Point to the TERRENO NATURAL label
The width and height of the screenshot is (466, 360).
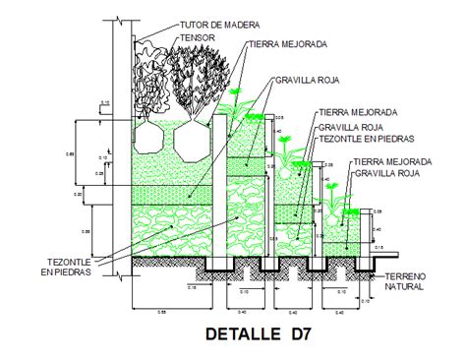404,280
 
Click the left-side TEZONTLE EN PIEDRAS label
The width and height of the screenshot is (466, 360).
68,266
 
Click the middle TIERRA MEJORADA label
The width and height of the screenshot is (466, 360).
356,113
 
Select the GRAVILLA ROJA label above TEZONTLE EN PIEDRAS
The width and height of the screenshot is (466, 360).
350,127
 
